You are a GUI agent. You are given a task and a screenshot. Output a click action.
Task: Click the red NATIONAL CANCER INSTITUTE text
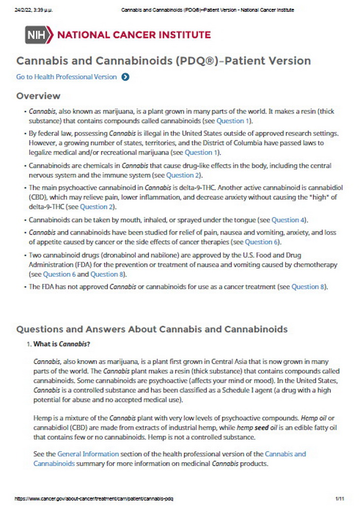coord(134,35)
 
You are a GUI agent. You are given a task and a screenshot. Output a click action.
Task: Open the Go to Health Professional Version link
coord(66,77)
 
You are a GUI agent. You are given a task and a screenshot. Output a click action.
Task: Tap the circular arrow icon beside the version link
coord(125,77)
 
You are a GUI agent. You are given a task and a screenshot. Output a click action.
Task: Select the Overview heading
coord(38,96)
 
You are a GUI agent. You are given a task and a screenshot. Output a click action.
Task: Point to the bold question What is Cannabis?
coord(62,344)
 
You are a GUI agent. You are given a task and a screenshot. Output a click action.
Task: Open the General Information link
coord(88,453)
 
